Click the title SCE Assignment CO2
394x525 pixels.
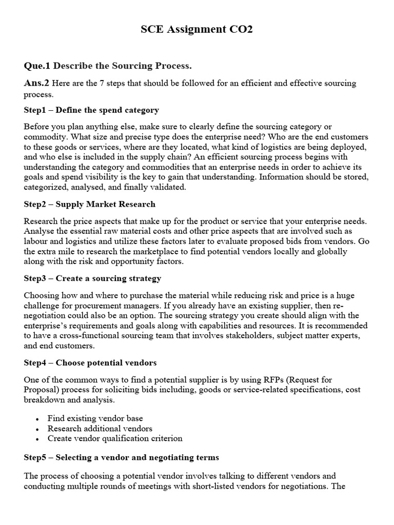tap(197, 30)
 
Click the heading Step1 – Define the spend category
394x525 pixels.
tap(91, 110)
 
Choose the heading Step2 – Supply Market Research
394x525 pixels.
tap(89, 204)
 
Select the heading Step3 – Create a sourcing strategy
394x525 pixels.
tap(92, 278)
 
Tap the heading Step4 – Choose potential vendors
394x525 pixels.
tap(90, 362)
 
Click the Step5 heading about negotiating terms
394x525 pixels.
tap(121, 457)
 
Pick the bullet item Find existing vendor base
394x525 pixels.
tap(95, 418)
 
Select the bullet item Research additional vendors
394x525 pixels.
tap(100, 428)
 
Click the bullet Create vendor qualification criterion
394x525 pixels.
tap(115, 438)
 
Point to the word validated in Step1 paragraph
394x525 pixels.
tap(157, 187)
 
